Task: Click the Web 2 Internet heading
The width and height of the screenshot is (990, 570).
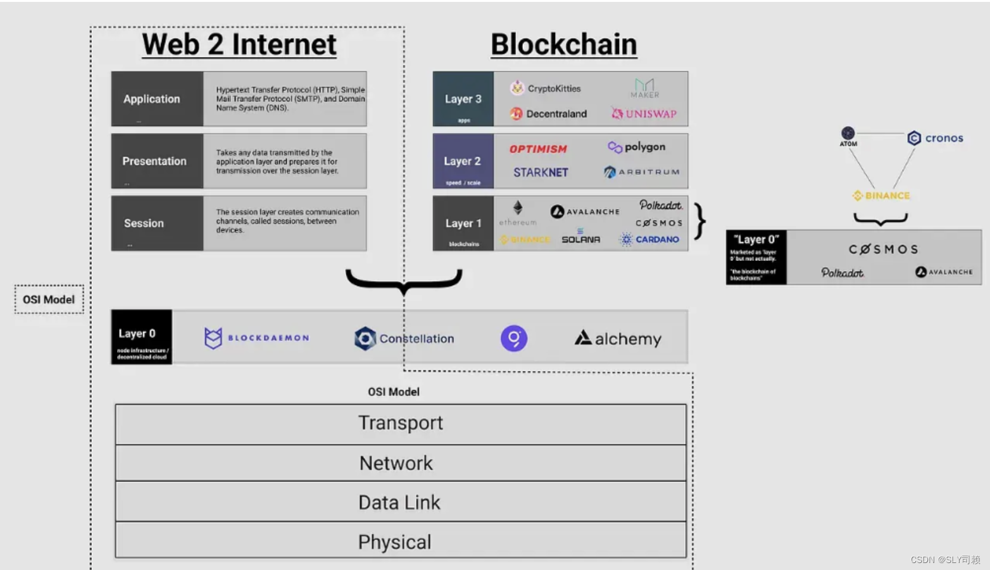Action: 239,44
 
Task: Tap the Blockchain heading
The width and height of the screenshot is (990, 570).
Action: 563,44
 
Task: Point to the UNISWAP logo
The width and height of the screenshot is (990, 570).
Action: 644,114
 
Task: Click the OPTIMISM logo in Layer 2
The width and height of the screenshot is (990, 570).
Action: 538,149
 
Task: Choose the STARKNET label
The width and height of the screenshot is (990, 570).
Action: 541,172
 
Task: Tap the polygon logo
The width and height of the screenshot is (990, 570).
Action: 637,147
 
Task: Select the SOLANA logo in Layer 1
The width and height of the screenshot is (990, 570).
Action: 580,239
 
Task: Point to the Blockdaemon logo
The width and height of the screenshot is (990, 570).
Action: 256,338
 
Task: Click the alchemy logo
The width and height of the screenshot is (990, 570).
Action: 618,339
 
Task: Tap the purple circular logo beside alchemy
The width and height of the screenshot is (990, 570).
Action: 514,338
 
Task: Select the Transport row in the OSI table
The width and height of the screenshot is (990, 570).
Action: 400,423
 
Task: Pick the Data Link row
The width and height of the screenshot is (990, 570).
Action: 400,502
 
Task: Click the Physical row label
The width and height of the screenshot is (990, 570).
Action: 395,542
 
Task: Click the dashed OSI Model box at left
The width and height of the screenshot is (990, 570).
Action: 49,299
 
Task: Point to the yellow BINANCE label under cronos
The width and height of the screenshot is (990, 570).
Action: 881,196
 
